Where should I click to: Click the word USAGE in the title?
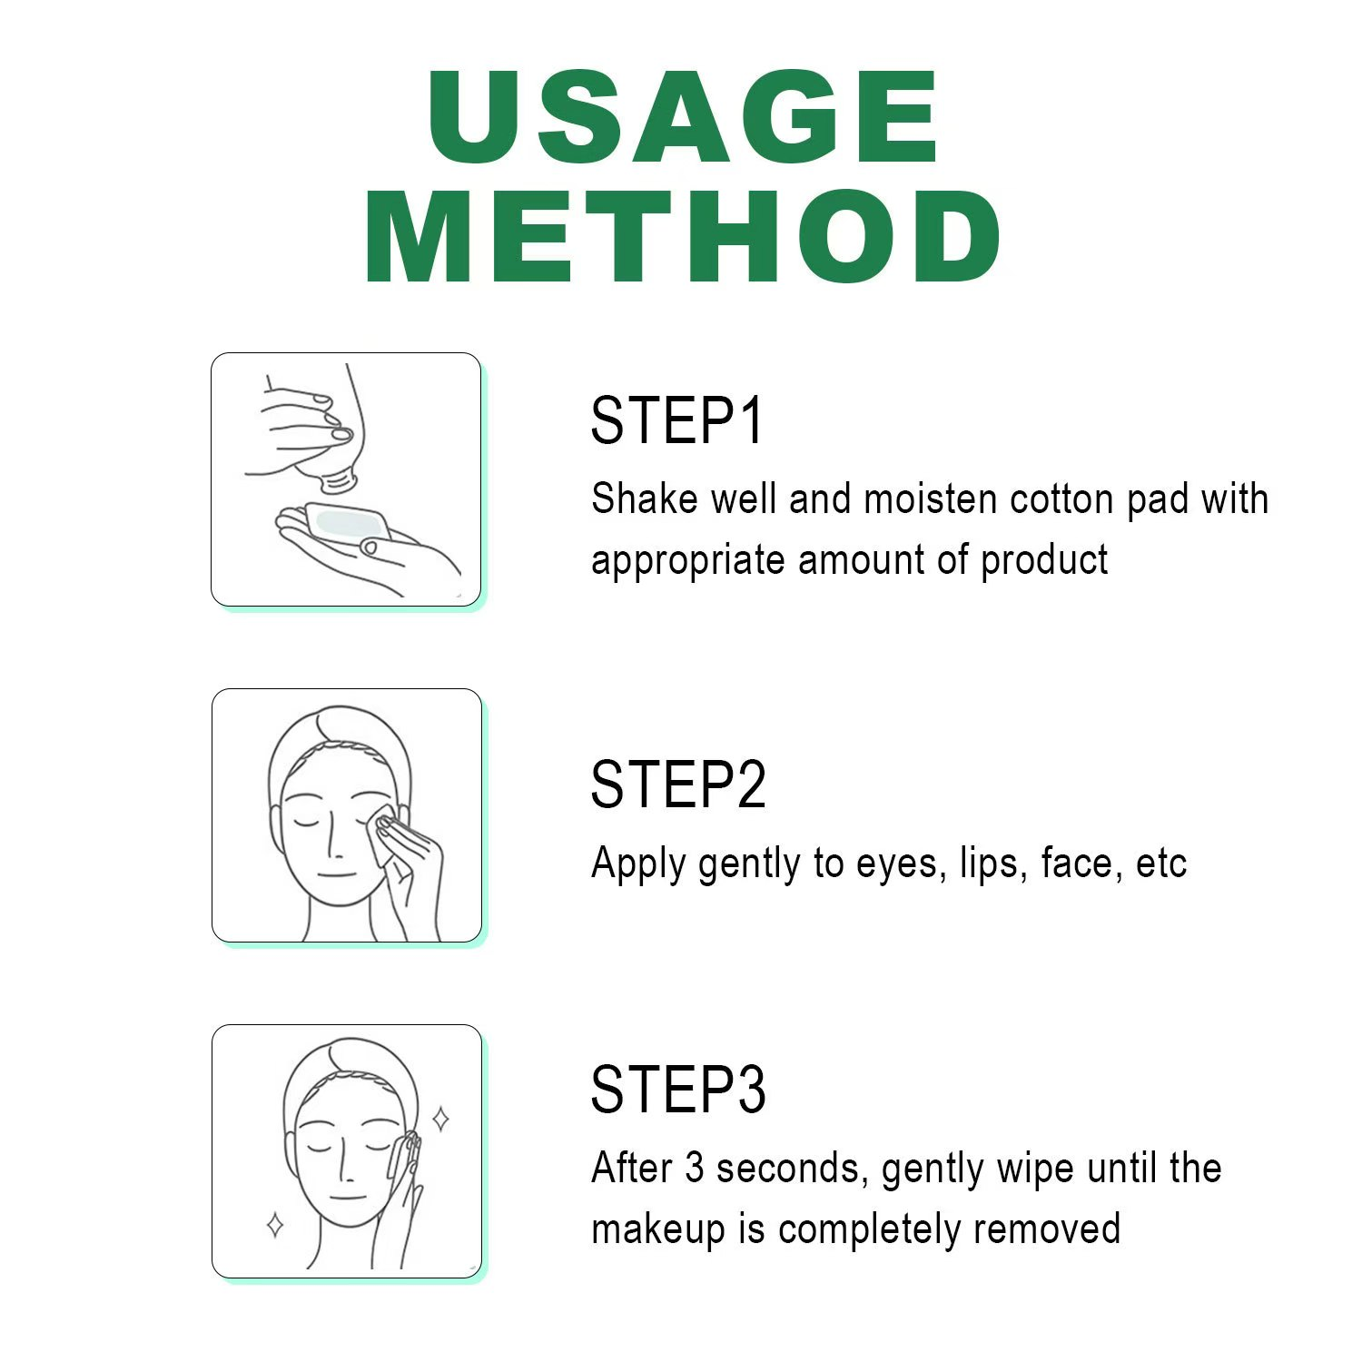pyautogui.click(x=683, y=117)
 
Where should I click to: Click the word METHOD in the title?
pyautogui.click(x=683, y=236)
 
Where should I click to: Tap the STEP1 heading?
pyautogui.click(x=677, y=420)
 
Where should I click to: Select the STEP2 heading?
pyautogui.click(x=678, y=785)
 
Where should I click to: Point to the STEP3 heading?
pyautogui.click(x=678, y=1089)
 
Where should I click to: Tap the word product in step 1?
pyautogui.click(x=1044, y=560)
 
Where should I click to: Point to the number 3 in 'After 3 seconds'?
pyautogui.click(x=695, y=1168)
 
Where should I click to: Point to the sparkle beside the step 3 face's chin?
pyautogui.click(x=275, y=1225)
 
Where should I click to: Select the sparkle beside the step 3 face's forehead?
pyautogui.click(x=441, y=1119)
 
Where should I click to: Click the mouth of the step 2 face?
pyautogui.click(x=336, y=874)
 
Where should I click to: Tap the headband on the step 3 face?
pyautogui.click(x=350, y=1076)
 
